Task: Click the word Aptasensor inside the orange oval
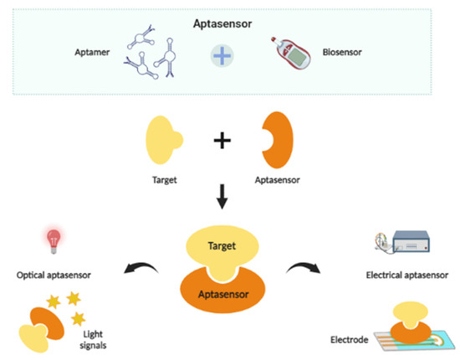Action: pos(222,296)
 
